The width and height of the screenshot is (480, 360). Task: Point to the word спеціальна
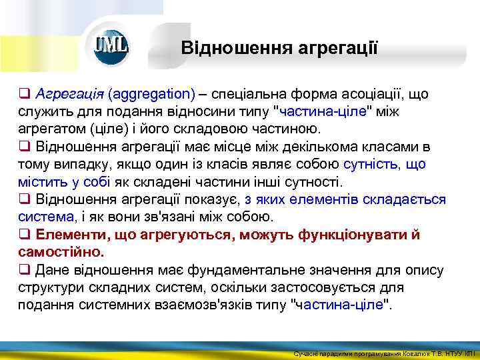point(250,94)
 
